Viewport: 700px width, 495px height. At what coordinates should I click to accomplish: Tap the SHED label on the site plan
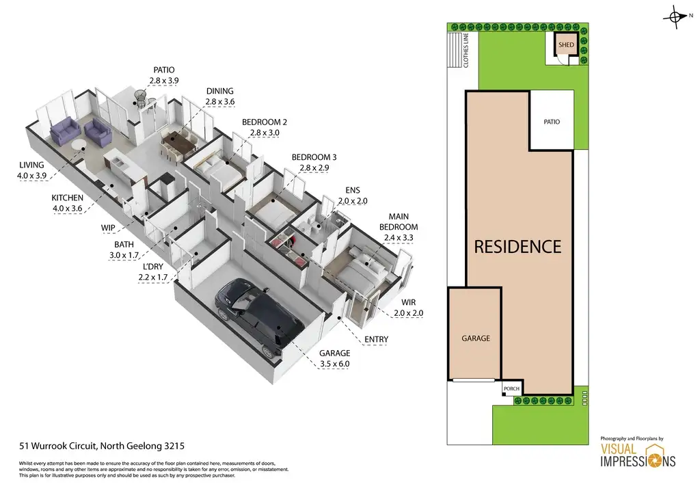(x=566, y=45)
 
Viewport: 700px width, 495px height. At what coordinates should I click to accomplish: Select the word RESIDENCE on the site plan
(x=517, y=246)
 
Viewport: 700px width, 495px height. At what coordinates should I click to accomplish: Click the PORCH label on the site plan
(x=511, y=389)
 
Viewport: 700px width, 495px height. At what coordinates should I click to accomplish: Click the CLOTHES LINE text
(x=466, y=52)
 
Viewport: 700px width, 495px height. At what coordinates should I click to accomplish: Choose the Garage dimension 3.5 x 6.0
(x=334, y=364)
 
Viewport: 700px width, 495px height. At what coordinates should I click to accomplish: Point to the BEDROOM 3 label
(x=314, y=157)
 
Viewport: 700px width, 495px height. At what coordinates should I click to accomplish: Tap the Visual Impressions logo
(x=638, y=455)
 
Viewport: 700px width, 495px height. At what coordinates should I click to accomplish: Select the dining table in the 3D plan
(x=179, y=144)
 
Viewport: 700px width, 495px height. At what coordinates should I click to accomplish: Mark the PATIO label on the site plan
(x=552, y=122)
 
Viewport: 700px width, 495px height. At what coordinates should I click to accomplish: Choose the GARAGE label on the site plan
(x=476, y=338)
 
